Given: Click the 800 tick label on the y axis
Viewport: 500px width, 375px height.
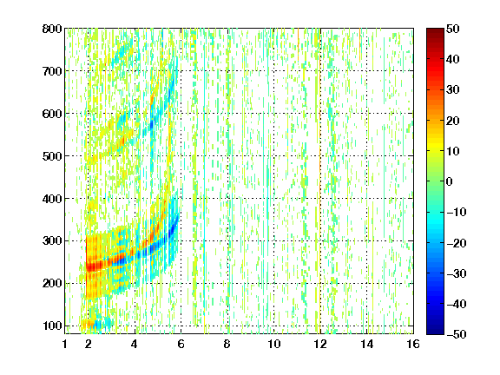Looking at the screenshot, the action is pyautogui.click(x=52, y=29).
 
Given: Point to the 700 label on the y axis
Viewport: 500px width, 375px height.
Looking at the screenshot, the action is pyautogui.click(x=52, y=71).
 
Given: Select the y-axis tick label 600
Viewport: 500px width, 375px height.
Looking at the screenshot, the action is pyautogui.click(x=52, y=114).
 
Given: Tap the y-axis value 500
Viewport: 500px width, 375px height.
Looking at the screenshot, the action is pyautogui.click(x=52, y=156).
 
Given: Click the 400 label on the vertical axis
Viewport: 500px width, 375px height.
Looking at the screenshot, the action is pyautogui.click(x=52, y=199).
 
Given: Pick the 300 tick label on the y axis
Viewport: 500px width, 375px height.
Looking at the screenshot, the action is pyautogui.click(x=52, y=240).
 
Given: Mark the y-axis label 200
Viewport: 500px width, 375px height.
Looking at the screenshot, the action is pyautogui.click(x=52, y=283).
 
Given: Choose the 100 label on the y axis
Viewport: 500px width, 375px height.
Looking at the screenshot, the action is pyautogui.click(x=52, y=326).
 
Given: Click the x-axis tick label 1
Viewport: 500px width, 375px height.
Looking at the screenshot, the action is pyautogui.click(x=65, y=344).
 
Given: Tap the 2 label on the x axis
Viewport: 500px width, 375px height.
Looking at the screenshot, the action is pyautogui.click(x=89, y=344).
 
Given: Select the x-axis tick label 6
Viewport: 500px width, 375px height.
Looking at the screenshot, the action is pyautogui.click(x=181, y=344).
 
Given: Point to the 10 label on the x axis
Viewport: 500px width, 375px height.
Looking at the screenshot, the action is pyautogui.click(x=273, y=344).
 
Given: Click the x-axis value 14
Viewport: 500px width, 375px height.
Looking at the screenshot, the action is pyautogui.click(x=366, y=344).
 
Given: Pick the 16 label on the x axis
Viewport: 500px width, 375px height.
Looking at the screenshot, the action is pyautogui.click(x=413, y=344).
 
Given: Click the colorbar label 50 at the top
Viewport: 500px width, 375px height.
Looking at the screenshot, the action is pyautogui.click(x=453, y=29).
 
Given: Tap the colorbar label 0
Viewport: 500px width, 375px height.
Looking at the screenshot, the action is pyautogui.click(x=450, y=181).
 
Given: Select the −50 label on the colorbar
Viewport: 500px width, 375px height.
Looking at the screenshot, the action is pyautogui.click(x=457, y=334).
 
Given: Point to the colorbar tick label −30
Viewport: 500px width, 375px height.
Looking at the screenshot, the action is pyautogui.click(x=457, y=273).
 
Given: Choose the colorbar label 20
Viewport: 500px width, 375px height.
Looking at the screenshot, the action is pyautogui.click(x=453, y=121).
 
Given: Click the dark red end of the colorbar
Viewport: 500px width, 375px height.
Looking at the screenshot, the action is pyautogui.click(x=435, y=31).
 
